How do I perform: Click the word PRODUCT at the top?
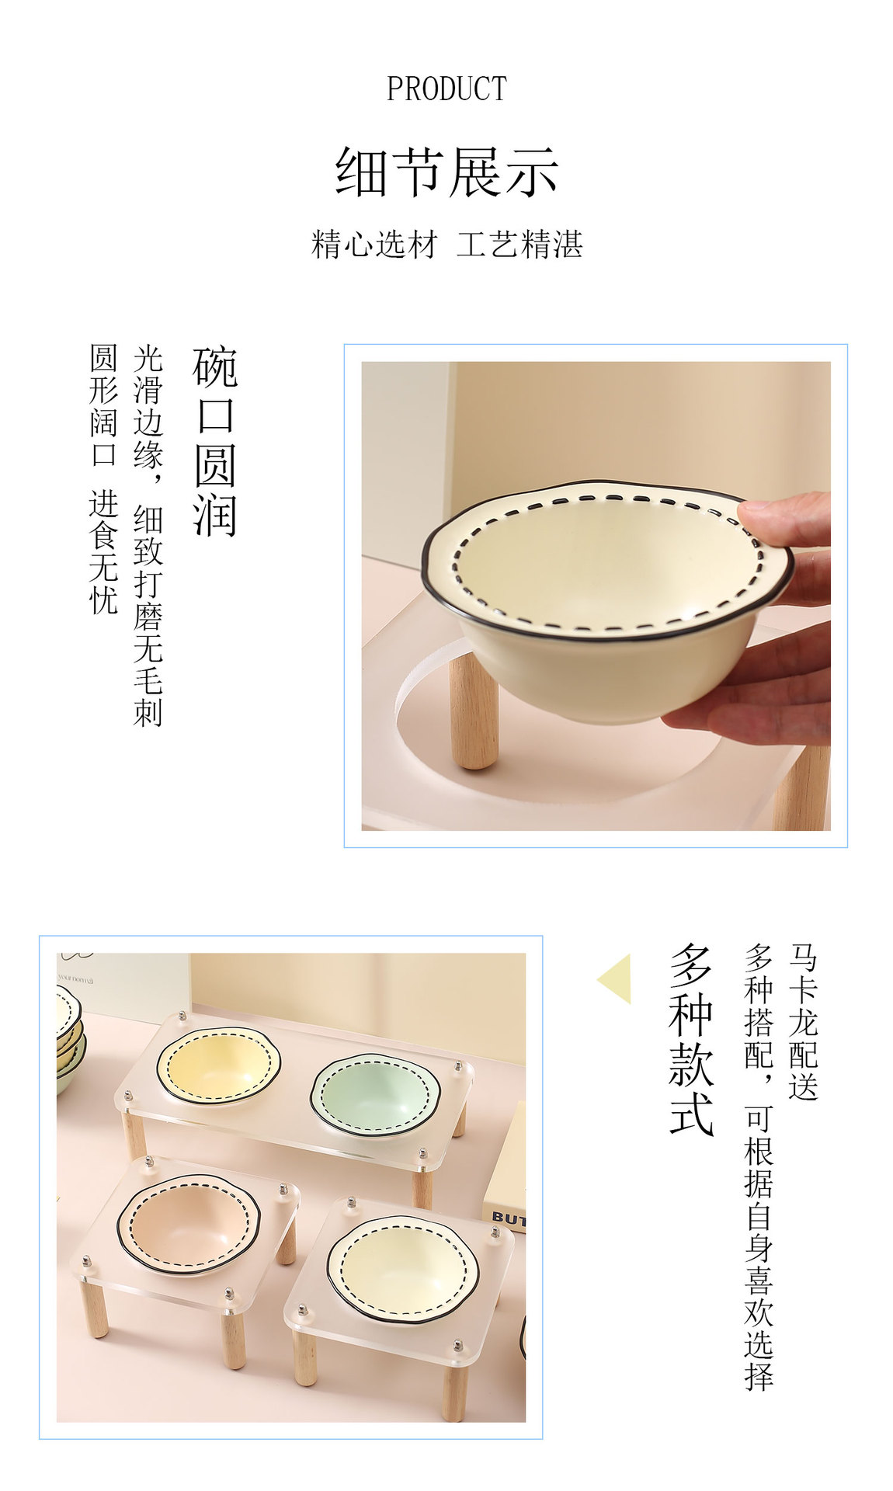(x=446, y=89)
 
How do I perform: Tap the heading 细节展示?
(x=446, y=172)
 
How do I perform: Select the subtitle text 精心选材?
(x=375, y=244)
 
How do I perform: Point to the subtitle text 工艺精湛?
(x=519, y=244)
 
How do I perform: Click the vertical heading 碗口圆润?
(x=214, y=442)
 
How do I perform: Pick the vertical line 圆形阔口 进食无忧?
(x=103, y=479)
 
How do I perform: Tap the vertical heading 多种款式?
(x=691, y=1040)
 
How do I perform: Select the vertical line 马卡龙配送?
(x=804, y=1022)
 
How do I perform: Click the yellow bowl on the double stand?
(x=218, y=1064)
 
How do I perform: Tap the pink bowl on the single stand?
(x=189, y=1225)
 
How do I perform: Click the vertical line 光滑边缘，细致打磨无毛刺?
(x=148, y=536)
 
